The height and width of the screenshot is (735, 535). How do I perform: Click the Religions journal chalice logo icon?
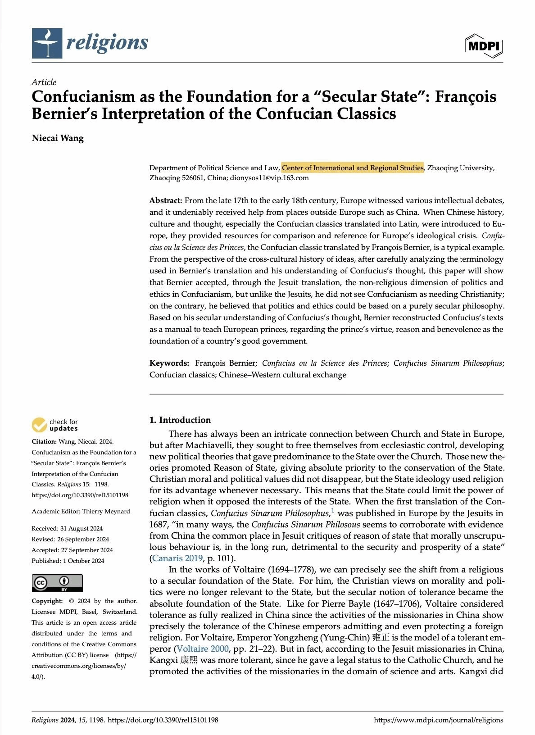(x=47, y=43)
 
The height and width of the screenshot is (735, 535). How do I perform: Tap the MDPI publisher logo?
(x=484, y=46)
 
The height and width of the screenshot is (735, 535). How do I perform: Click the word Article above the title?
(x=44, y=82)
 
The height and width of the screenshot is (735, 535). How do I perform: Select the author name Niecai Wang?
(x=58, y=138)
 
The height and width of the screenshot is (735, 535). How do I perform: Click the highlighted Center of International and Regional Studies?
(x=353, y=168)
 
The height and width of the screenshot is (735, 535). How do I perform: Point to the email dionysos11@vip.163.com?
(x=270, y=178)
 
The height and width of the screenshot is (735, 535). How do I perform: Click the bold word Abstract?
(x=166, y=200)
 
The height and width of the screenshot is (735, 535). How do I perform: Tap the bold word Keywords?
(x=169, y=363)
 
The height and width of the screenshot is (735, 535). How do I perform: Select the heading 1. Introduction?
(x=180, y=420)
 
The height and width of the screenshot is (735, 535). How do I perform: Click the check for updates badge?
(x=55, y=425)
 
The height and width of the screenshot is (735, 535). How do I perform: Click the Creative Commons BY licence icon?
(x=57, y=583)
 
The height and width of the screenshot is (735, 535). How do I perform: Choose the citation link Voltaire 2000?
(x=202, y=649)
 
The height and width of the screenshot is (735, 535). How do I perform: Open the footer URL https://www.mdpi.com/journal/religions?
(x=438, y=720)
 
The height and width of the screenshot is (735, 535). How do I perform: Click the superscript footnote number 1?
(x=333, y=511)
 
